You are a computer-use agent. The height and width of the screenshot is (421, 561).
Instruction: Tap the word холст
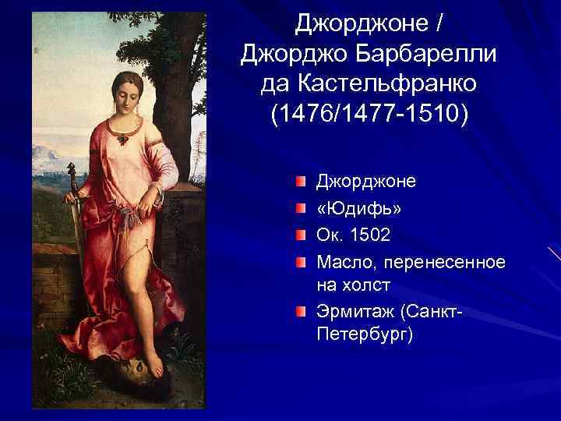(x=365, y=284)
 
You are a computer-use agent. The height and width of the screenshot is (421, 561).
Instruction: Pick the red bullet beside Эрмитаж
(x=301, y=312)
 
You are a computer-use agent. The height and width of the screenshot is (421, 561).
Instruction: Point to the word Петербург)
(x=363, y=335)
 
